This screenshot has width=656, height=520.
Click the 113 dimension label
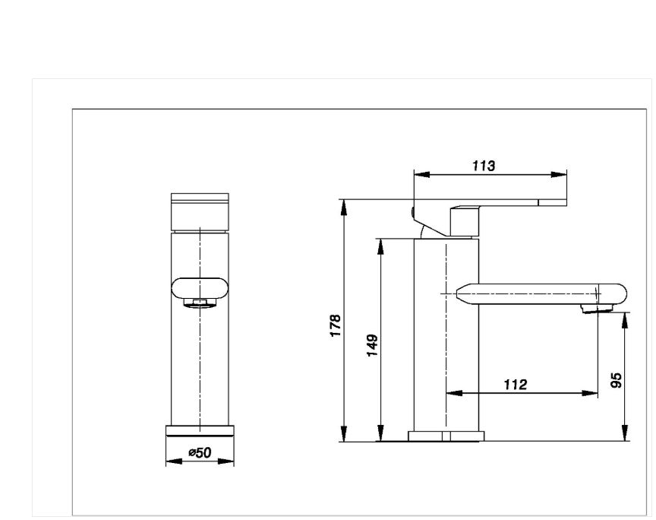tap(484, 166)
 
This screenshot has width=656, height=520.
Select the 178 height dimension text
tap(336, 325)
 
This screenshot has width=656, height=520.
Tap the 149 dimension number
tap(372, 345)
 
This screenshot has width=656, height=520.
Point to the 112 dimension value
tap(516, 384)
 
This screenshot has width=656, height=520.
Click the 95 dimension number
tap(617, 379)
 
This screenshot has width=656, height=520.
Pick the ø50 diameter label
tap(200, 452)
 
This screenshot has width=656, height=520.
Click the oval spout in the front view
tap(200, 288)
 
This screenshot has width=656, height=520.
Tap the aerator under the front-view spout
tap(200, 303)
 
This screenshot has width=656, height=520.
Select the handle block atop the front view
tap(200, 212)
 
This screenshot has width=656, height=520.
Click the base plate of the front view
tap(200, 431)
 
